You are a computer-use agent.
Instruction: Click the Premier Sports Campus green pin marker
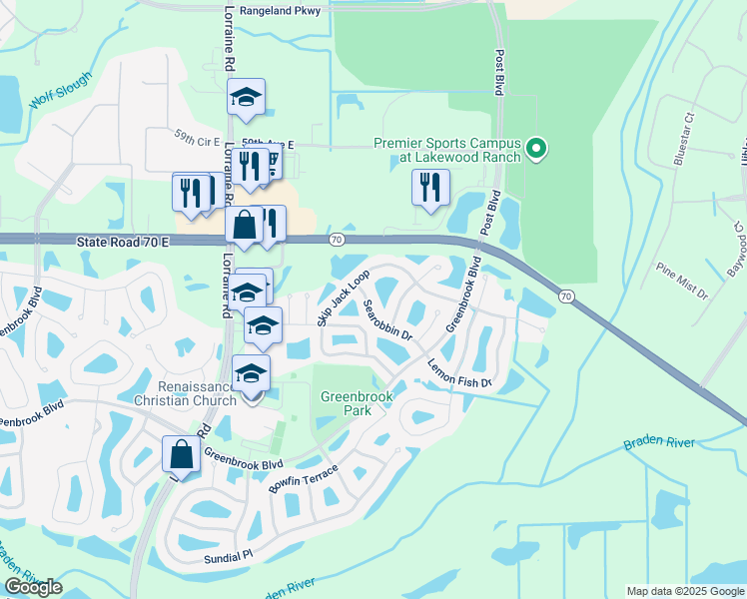(x=536, y=150)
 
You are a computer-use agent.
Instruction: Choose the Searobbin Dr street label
(x=387, y=319)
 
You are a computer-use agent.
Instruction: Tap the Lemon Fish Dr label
(x=460, y=374)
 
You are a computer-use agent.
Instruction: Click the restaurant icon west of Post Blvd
(x=430, y=188)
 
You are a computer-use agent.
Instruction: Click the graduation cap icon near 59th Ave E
(x=246, y=97)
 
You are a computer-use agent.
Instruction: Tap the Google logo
(x=33, y=587)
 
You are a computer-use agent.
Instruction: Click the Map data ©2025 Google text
(x=685, y=591)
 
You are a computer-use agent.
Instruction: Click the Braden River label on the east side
(x=656, y=440)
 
